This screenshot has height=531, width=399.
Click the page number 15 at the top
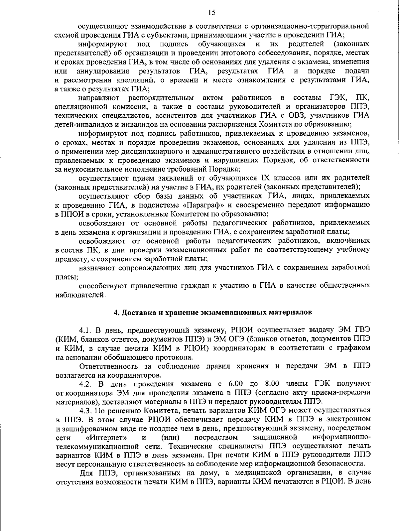211,13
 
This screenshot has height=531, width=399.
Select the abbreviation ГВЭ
360,330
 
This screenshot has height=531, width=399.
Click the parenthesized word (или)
170,436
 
